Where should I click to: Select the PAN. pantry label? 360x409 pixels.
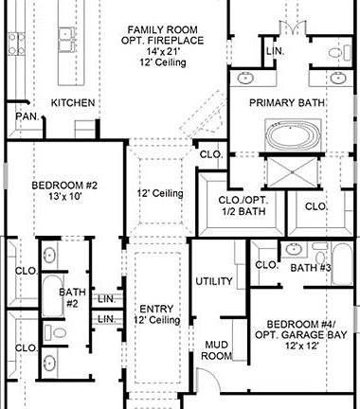click(x=25, y=116)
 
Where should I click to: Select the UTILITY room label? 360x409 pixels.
click(x=213, y=281)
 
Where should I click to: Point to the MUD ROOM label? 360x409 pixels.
click(x=218, y=349)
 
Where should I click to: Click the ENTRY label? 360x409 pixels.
click(x=156, y=309)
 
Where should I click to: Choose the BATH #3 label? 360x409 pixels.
click(x=311, y=268)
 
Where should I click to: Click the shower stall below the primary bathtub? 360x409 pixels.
click(x=293, y=173)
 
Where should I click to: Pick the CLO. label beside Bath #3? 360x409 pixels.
click(x=266, y=265)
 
